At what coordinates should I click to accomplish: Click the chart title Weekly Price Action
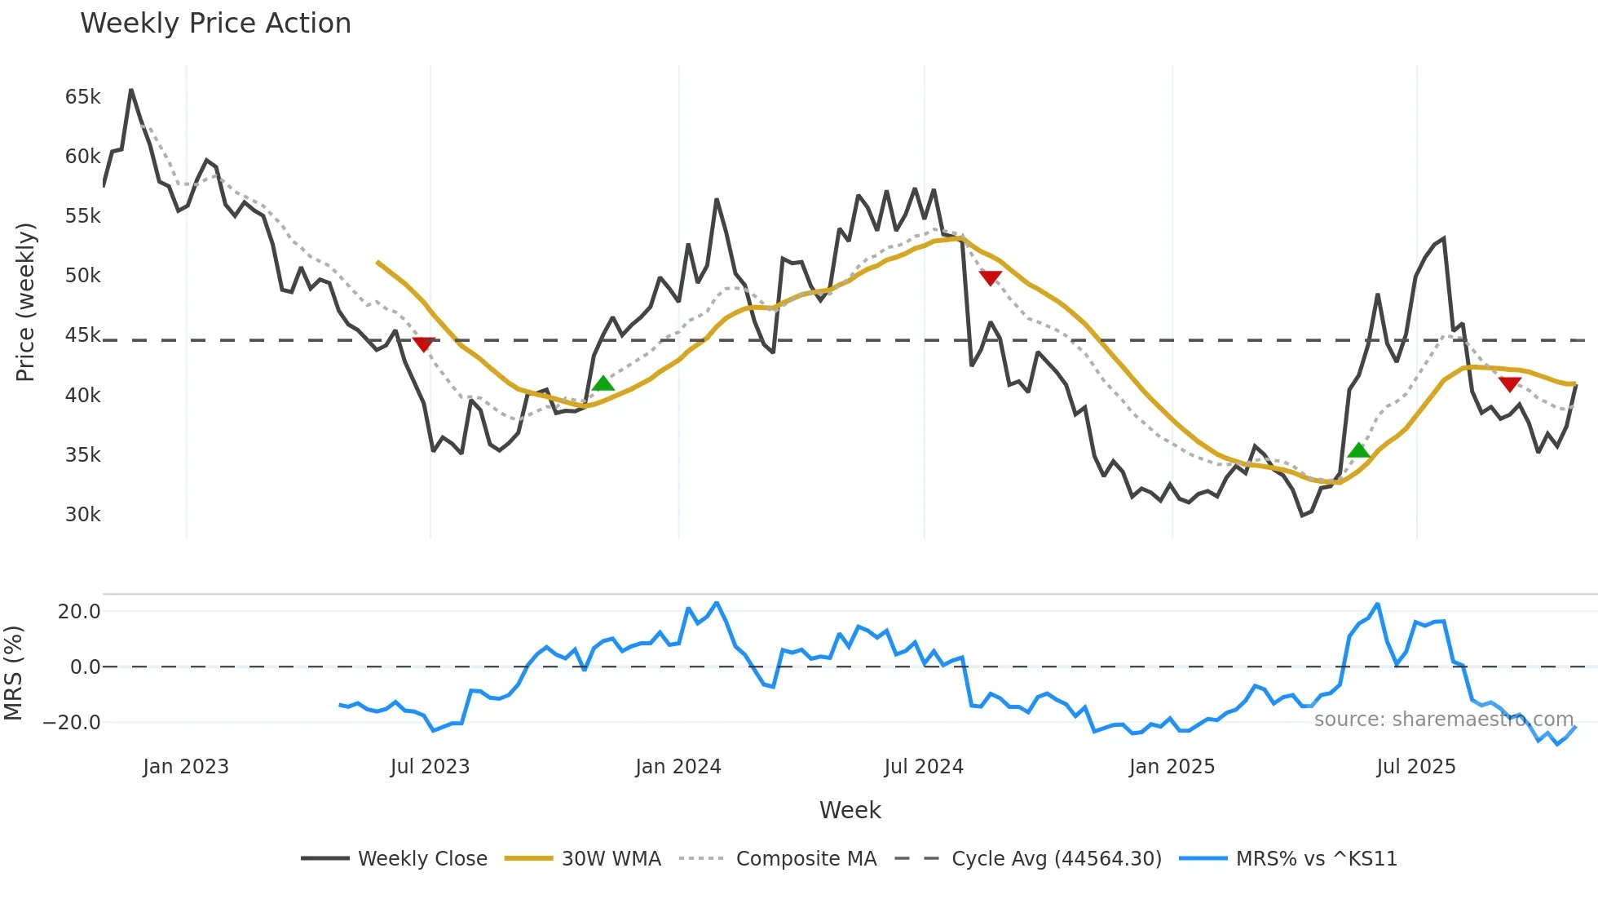pyautogui.click(x=215, y=24)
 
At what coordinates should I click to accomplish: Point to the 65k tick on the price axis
pyautogui.click(x=82, y=97)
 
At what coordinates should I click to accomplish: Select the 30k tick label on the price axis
pyautogui.click(x=82, y=515)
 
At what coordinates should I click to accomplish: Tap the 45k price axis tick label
pyautogui.click(x=82, y=335)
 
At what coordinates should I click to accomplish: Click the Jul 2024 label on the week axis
pyautogui.click(x=923, y=767)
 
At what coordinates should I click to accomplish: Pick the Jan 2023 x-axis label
pyautogui.click(x=185, y=767)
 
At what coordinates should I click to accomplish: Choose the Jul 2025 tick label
pyautogui.click(x=1415, y=767)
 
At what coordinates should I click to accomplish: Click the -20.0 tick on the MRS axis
pyautogui.click(x=72, y=723)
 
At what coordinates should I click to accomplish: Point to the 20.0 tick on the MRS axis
pyautogui.click(x=78, y=612)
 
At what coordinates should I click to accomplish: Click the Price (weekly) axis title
pyautogui.click(x=25, y=302)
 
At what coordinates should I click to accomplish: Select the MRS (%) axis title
pyautogui.click(x=13, y=673)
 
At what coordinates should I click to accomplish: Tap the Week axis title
pyautogui.click(x=850, y=810)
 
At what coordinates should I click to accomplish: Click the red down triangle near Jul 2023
pyautogui.click(x=423, y=344)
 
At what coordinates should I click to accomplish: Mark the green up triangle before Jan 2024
pyautogui.click(x=603, y=383)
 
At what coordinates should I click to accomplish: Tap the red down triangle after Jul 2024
pyautogui.click(x=990, y=278)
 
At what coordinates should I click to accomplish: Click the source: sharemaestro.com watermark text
pyautogui.click(x=1443, y=720)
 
